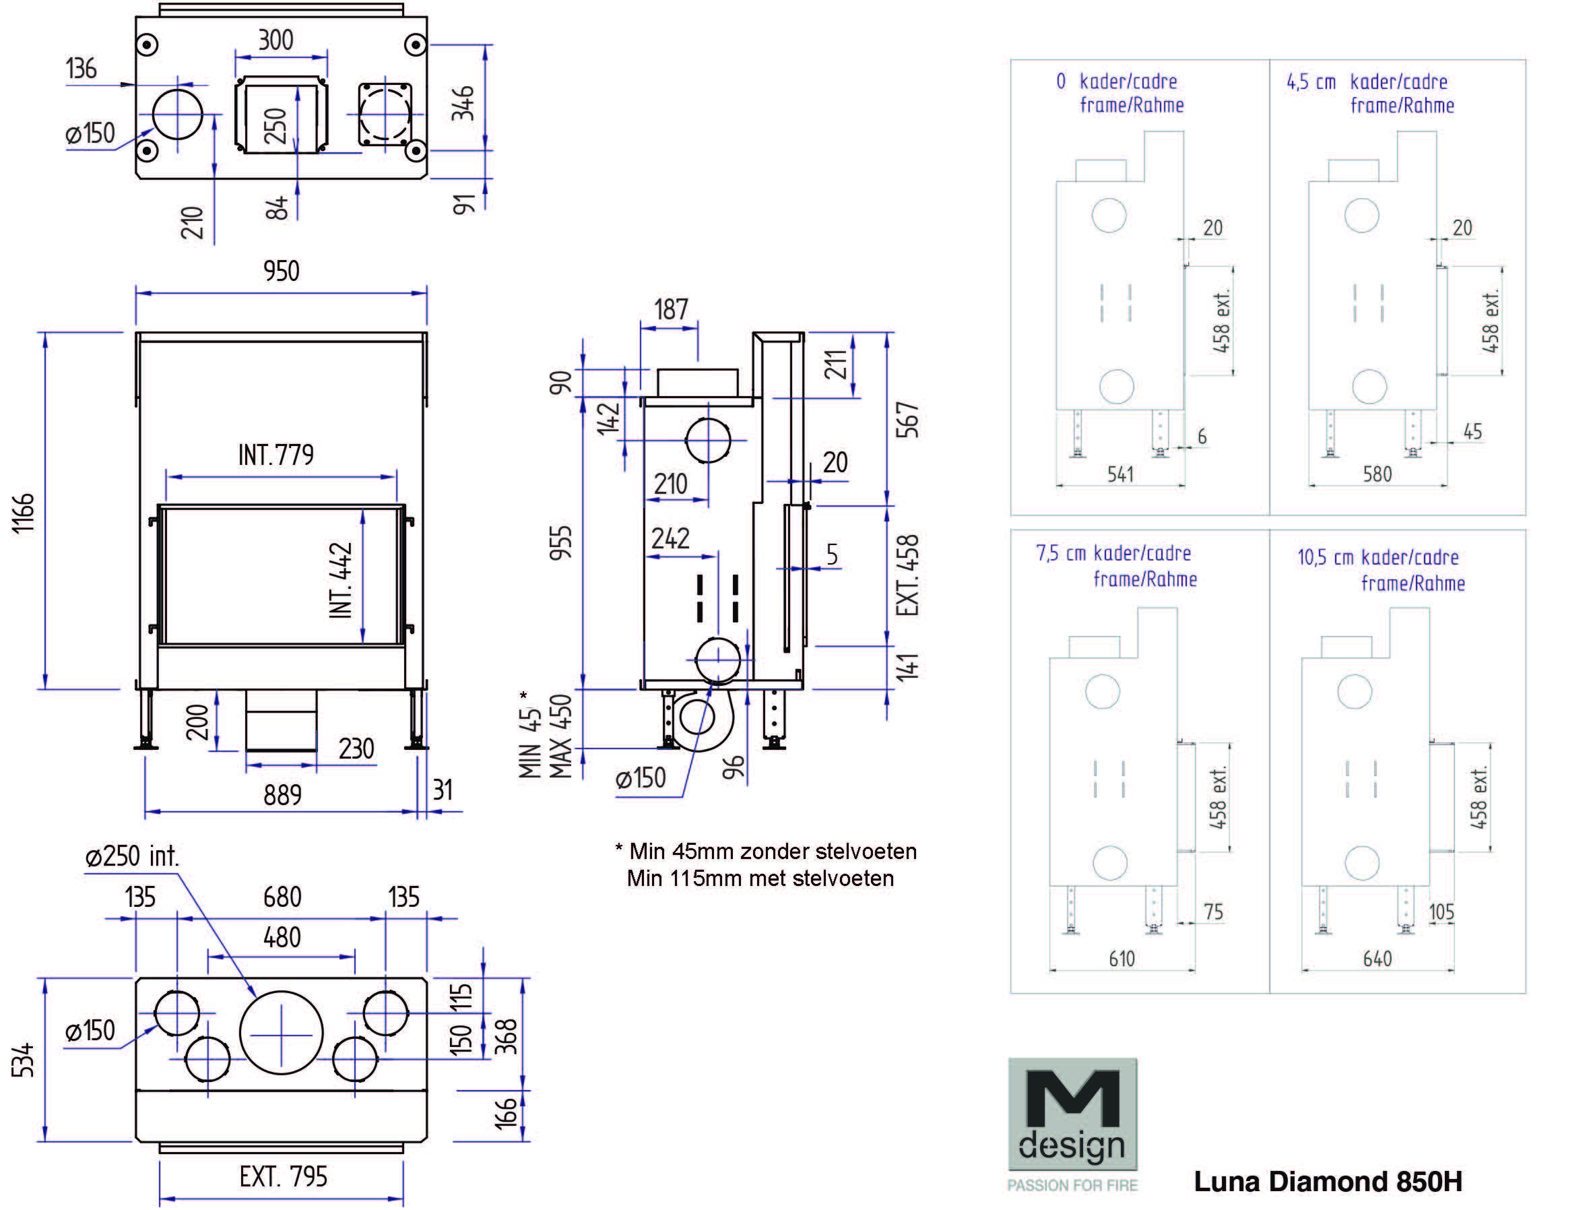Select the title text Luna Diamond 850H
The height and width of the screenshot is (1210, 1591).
1328,1181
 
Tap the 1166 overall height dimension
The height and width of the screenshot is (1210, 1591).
24,513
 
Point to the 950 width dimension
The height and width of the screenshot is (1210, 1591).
281,272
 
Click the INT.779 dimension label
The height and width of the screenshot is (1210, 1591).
275,455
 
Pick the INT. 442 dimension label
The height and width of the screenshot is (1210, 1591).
341,580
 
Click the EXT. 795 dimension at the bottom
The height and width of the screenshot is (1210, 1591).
283,1177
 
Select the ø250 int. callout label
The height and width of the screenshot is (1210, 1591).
133,856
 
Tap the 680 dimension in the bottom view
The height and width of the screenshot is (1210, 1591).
282,897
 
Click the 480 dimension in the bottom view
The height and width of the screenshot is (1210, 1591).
282,938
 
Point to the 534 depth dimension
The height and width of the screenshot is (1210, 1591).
24,1060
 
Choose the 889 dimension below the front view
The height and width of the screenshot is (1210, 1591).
282,795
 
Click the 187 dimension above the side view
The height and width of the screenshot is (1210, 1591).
671,310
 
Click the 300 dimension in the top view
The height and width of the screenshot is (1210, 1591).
275,40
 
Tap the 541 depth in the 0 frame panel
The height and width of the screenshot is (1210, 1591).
1120,475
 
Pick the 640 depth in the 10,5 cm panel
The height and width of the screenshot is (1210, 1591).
1377,959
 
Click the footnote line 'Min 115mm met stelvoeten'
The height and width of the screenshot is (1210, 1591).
760,879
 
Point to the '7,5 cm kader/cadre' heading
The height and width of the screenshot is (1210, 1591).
1113,553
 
